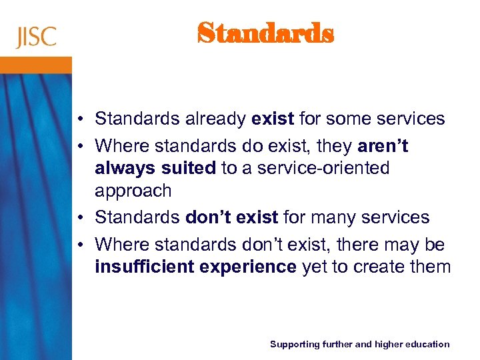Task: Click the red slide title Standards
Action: [265, 33]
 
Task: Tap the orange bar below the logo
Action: [36, 65]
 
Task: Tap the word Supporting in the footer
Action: [294, 344]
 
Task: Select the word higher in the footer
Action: [387, 344]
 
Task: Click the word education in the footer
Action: [428, 344]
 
